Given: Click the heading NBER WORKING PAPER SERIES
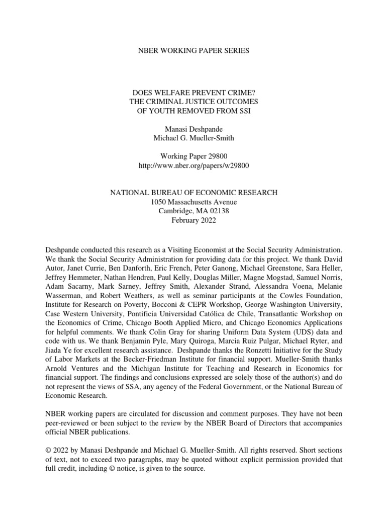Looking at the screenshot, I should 193,51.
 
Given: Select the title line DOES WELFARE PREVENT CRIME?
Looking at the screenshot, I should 193,93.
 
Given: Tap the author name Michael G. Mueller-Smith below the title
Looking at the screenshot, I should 193,138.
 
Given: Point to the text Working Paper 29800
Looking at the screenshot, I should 193,156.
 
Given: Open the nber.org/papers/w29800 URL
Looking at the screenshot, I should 193,165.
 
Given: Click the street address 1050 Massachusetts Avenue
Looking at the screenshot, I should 193,202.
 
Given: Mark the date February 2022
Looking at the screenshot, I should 193,220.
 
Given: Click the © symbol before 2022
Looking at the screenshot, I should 48,451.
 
